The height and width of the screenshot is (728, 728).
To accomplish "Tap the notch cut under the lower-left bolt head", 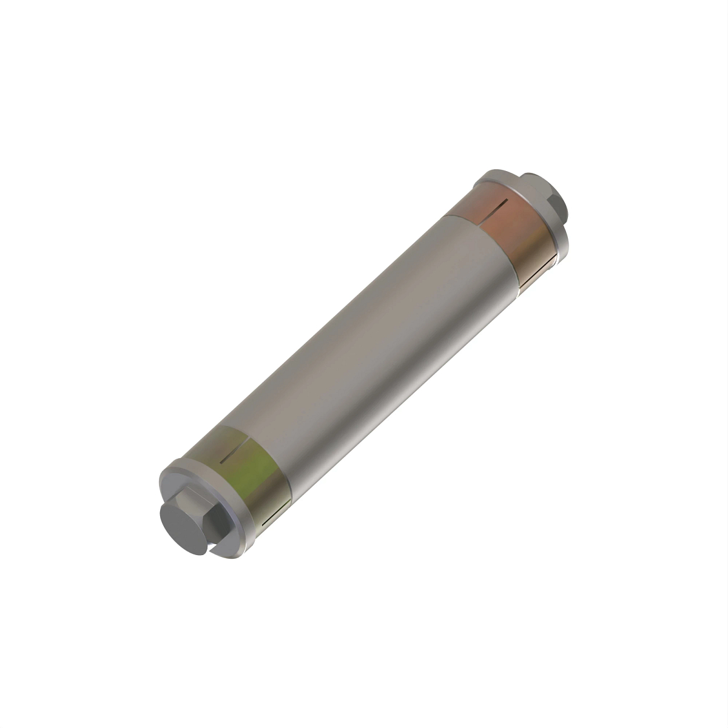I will coord(214,548).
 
